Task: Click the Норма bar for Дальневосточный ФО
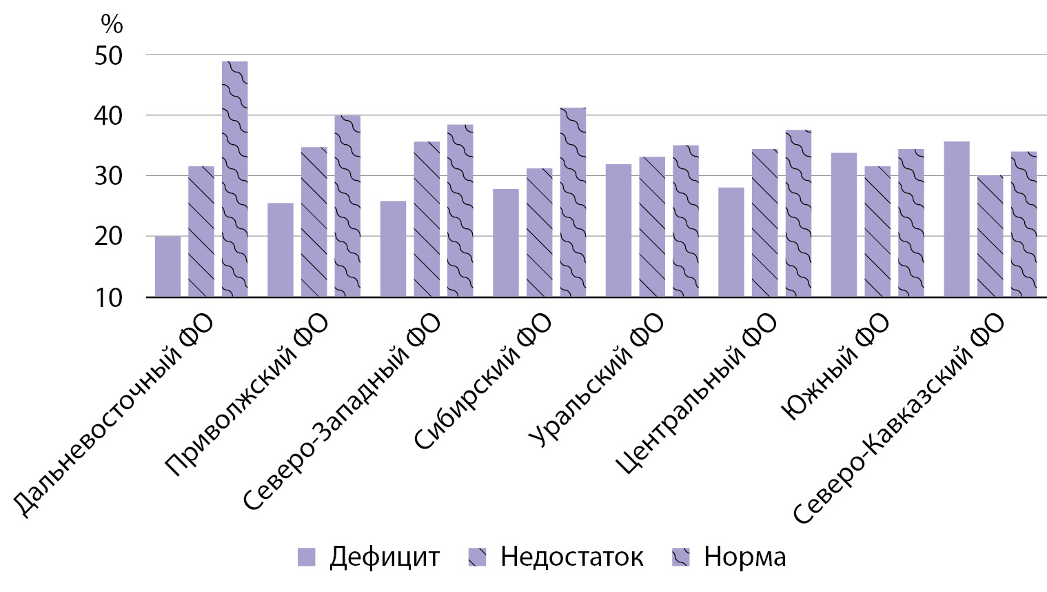click(234, 179)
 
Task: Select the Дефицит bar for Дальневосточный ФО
click(167, 266)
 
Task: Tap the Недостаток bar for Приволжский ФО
click(314, 222)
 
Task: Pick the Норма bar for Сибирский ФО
click(573, 202)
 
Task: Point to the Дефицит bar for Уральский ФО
click(618, 230)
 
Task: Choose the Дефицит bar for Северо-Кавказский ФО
click(956, 219)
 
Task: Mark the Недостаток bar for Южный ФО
click(877, 232)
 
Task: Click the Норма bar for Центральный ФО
click(798, 213)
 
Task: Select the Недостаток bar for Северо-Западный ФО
click(427, 219)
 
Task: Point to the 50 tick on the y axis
click(109, 56)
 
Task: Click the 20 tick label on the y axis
click(109, 237)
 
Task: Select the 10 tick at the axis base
click(109, 298)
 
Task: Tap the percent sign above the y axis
click(112, 25)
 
